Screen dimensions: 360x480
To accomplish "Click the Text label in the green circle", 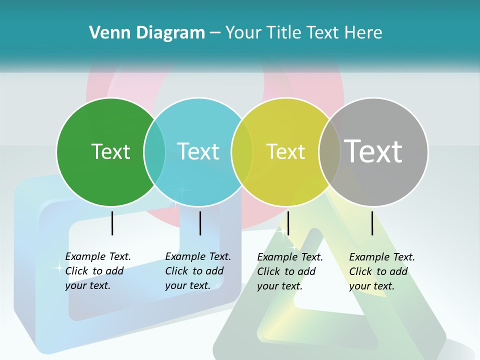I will click(110, 151).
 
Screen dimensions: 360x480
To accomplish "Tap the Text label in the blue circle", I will click(198, 151).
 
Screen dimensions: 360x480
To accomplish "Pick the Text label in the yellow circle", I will click(285, 151).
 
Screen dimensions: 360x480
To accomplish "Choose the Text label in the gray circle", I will click(373, 151).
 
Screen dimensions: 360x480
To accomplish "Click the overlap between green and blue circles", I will click(154, 151).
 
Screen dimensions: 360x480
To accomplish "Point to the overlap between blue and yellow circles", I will click(242, 151).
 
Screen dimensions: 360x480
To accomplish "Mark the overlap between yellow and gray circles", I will click(329, 151).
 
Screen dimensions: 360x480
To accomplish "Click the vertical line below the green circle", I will click(112, 223).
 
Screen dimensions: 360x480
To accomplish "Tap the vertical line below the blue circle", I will click(200, 223).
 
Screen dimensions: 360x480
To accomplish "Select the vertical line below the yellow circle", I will click(288, 223).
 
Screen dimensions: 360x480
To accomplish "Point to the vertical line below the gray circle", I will click(372, 223).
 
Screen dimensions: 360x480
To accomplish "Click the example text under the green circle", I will click(97, 271).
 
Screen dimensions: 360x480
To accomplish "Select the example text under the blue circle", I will click(197, 271).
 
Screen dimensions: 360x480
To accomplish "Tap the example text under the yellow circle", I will click(289, 271).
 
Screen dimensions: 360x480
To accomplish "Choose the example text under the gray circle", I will click(381, 271).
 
